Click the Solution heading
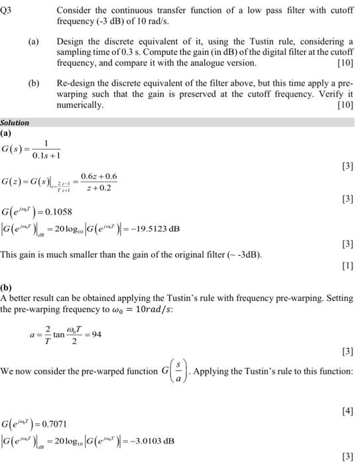pyautogui.click(x=15, y=123)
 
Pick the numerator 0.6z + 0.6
pyautogui.click(x=99, y=176)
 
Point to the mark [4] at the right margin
pyautogui.click(x=347, y=412)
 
